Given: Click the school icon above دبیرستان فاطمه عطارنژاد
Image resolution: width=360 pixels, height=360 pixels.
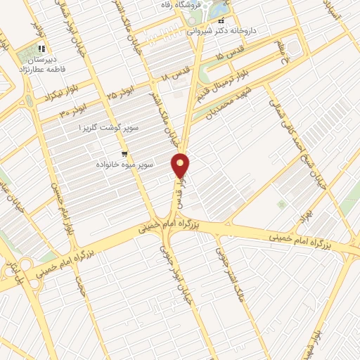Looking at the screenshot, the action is tap(41, 49).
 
